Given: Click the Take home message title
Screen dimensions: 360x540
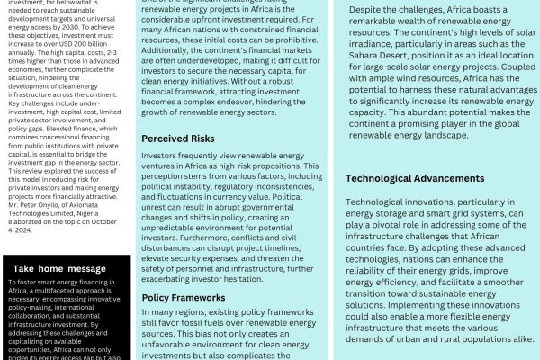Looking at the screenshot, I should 59,269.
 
